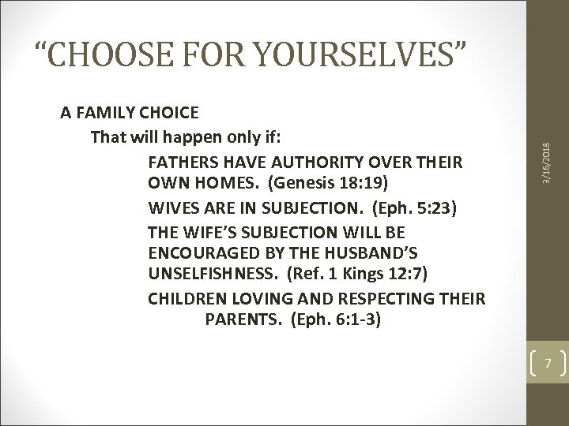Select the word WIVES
171,207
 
